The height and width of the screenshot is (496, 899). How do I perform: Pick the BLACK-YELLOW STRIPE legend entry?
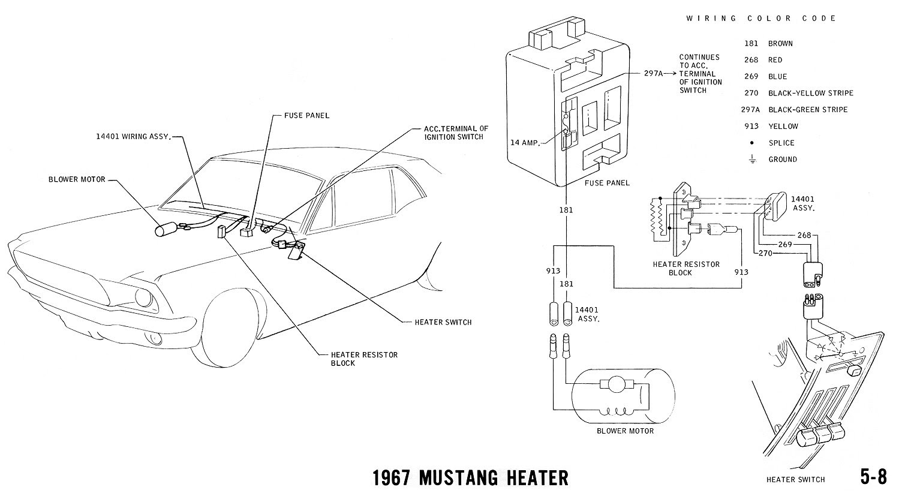coord(810,93)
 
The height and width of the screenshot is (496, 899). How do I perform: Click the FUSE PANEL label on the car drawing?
coord(308,115)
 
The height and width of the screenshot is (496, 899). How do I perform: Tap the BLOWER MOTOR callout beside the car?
coord(77,179)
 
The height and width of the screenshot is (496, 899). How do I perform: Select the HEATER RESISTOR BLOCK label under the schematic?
coord(685,268)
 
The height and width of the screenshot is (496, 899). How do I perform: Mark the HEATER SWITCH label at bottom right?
coord(795,479)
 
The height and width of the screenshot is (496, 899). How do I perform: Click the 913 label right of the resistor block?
coord(741,272)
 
